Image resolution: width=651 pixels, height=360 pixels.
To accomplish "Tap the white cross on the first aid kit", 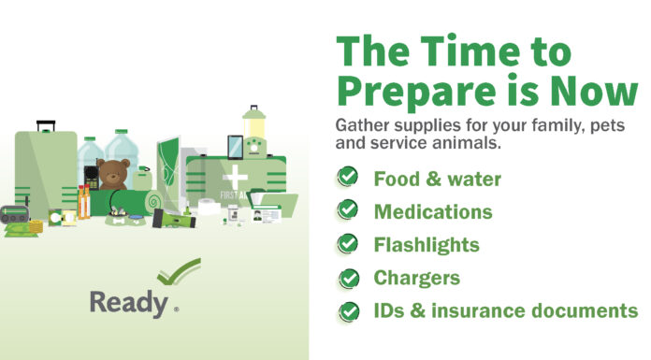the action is coord(235,178).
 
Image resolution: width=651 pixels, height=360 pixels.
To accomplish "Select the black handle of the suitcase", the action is coord(46,125).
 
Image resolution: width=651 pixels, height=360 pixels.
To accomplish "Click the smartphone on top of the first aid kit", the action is coord(235,147).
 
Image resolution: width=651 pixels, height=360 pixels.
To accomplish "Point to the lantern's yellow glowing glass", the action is coord(253,128).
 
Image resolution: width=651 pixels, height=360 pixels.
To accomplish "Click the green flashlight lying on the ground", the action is coord(174,219).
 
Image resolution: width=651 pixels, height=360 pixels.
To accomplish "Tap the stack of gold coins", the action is coord(36,226).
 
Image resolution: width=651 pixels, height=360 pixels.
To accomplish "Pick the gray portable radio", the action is coord(15,214).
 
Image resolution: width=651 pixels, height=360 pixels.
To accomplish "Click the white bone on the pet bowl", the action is coord(119,221).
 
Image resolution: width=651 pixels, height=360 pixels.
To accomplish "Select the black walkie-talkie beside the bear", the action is coord(91,178).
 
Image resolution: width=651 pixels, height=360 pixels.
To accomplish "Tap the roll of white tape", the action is coord(207,207).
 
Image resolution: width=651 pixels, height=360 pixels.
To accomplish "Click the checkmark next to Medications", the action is coord(348,209).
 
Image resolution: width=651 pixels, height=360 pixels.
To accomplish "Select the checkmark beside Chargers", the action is coord(349,278).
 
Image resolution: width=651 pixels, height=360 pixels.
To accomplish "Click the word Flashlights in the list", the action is coord(427,245).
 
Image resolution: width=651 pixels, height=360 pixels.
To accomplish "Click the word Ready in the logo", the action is coord(129,303).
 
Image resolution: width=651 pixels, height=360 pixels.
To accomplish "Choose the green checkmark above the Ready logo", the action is coord(179,271).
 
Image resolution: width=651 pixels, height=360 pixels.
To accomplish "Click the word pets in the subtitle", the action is coord(607,125).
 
